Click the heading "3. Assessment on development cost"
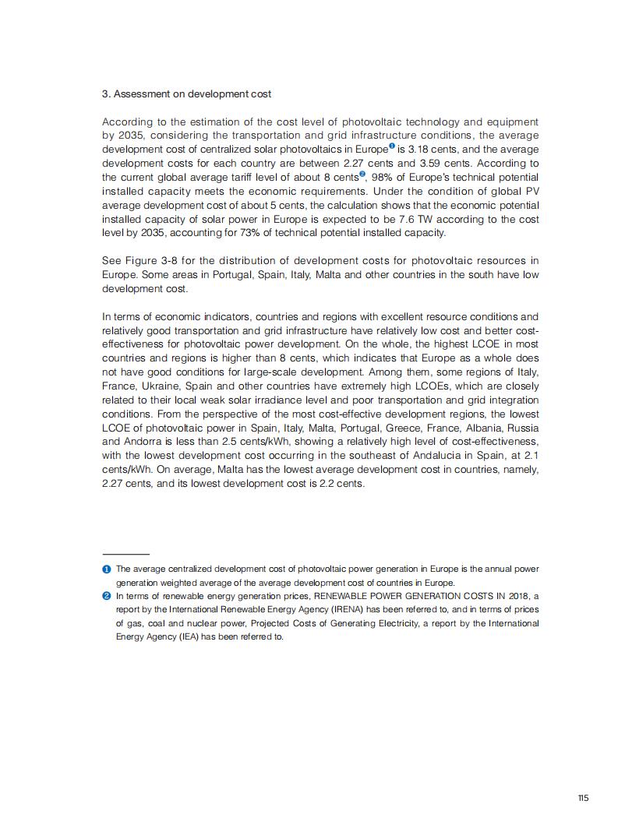pos(187,94)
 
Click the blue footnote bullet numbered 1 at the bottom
pos(107,569)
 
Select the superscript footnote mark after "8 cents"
pos(362,174)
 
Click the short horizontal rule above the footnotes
pos(125,554)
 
